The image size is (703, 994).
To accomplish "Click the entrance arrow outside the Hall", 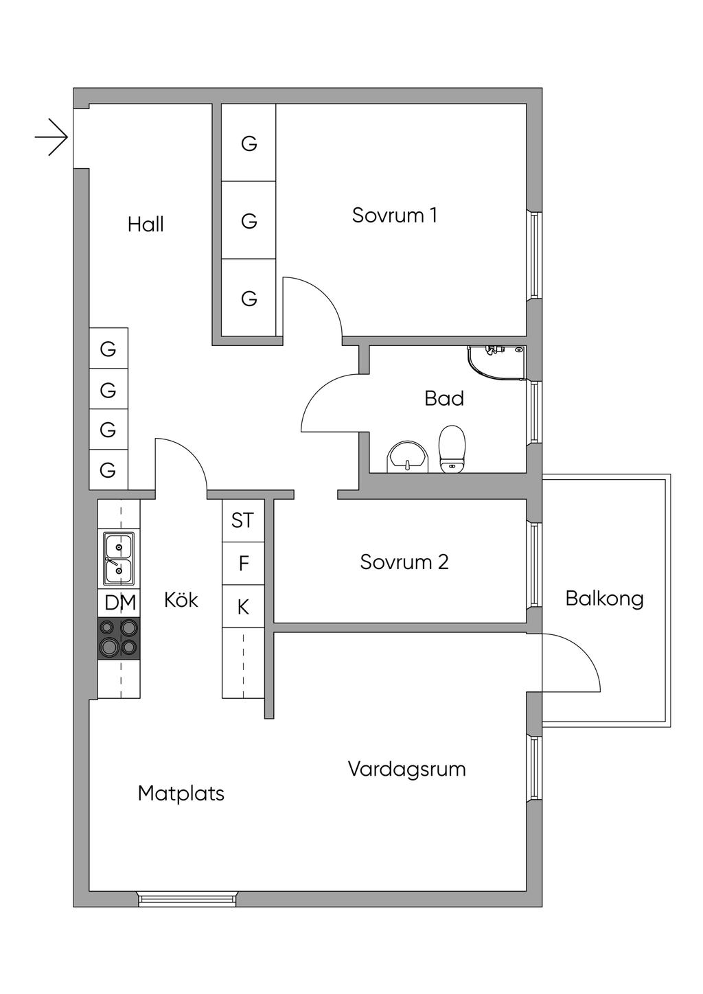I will pos(52,137).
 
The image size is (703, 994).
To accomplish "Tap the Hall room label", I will pos(146,224).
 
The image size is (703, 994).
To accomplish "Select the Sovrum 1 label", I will pos(394,216).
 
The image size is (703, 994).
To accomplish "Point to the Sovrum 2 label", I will pos(404,562).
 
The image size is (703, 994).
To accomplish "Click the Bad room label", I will pos(444,398).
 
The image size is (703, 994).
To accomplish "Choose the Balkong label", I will pos(604,599).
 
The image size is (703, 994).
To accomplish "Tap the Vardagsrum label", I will pos(406,769).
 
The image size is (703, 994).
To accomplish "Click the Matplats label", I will pos(181,794).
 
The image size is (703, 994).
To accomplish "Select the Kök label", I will pos(181,600).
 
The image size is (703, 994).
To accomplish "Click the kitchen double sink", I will pos(118,558).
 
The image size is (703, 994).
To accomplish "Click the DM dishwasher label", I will pos(120,603).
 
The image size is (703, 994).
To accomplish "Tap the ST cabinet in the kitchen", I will pos(243,520).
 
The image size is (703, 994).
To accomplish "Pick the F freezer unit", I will pos(243,564).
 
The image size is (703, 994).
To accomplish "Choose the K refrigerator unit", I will pos(243,607).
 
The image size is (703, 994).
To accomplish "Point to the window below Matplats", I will pos(187,899).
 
